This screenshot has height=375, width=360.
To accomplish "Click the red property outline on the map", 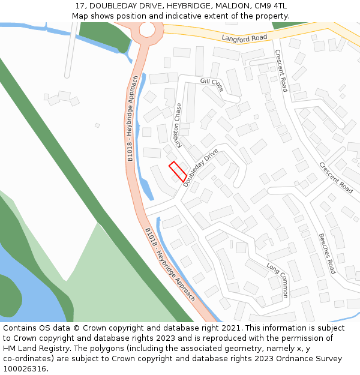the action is coord(177,172).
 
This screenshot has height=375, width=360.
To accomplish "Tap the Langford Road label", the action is coord(244,38).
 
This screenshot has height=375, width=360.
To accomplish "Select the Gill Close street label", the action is coord(212,85).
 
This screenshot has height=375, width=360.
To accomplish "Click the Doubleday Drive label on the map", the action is coord(200,169).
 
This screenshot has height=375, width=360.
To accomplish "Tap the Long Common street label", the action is coord(278,280).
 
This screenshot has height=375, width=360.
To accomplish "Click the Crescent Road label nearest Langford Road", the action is coord(281,70).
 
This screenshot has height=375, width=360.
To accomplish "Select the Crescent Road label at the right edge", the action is coord(336,177).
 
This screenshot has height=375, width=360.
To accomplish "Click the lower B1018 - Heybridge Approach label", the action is coord(170,263).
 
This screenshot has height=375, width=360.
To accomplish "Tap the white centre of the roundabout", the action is coord(147,29).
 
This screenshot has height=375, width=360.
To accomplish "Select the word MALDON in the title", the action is coord(224,5).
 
